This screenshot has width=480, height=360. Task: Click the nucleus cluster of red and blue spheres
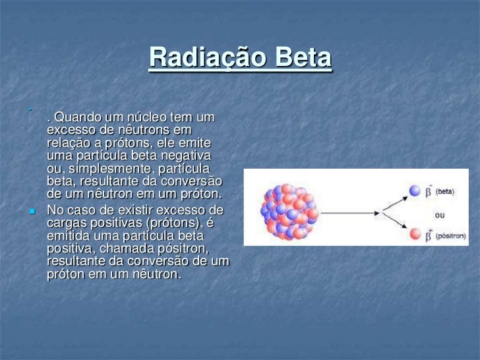(290, 212)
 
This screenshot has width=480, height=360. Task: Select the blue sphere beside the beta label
(415, 190)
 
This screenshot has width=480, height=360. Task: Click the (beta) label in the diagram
(446, 190)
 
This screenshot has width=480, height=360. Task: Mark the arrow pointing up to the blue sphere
(394, 200)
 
